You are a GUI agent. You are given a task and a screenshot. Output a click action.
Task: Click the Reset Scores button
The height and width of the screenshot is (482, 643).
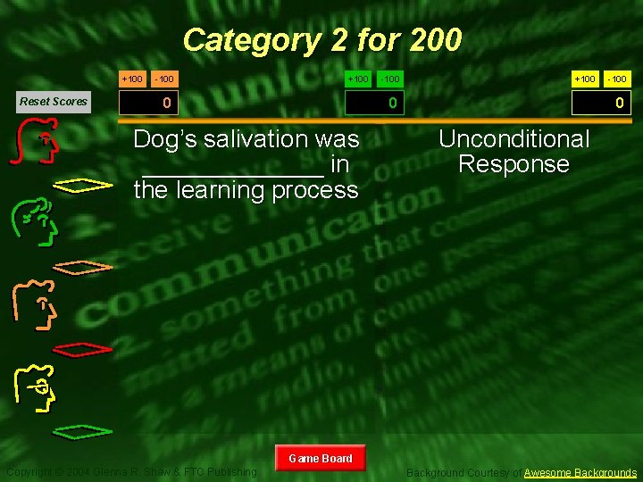tap(54, 102)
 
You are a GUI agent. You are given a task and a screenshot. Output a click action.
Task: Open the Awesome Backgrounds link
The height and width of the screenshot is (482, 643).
tap(580, 472)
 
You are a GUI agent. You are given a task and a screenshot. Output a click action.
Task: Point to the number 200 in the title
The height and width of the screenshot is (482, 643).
tap(435, 40)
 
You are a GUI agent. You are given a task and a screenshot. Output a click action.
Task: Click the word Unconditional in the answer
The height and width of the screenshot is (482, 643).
tap(514, 139)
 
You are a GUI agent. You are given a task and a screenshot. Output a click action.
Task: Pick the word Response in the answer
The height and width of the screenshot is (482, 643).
tap(514, 164)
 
